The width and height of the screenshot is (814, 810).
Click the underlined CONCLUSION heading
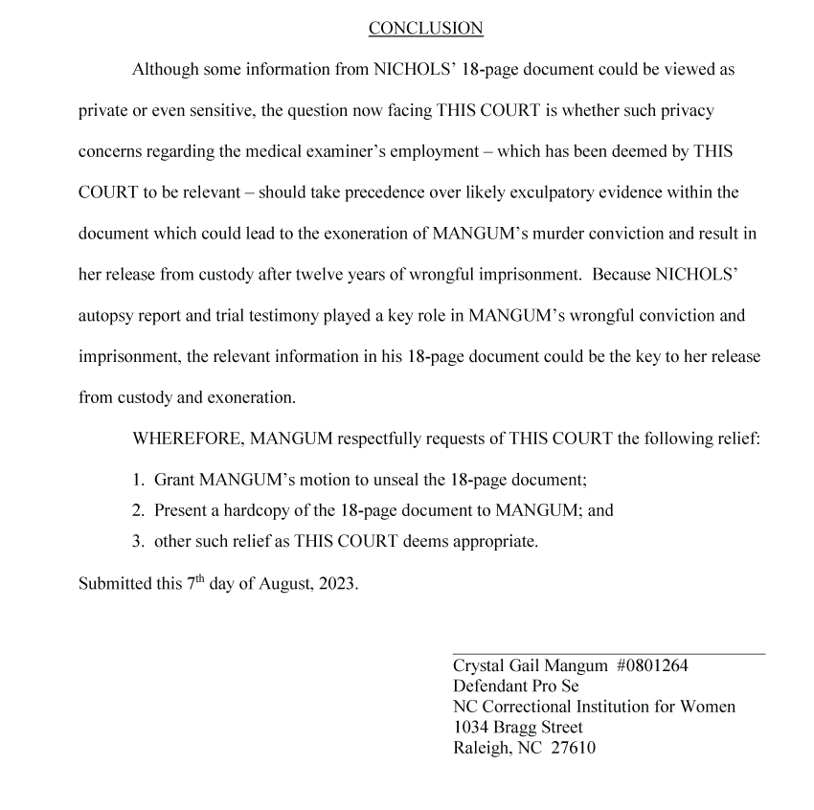[425, 29]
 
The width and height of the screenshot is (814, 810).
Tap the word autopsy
[108, 315]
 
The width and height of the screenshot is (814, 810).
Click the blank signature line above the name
[608, 654]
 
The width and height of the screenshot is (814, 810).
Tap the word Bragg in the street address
[516, 728]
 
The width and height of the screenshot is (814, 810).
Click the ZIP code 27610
[573, 748]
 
